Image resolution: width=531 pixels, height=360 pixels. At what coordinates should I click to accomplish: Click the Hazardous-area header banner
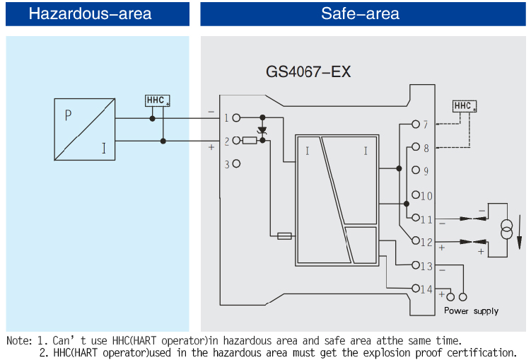pyautogui.click(x=97, y=13)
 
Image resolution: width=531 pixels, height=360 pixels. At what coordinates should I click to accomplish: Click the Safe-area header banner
pyautogui.click(x=360, y=13)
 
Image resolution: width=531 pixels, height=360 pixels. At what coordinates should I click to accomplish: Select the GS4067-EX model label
pyautogui.click(x=308, y=72)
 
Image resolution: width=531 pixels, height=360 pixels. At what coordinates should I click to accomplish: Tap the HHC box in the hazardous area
pyautogui.click(x=157, y=100)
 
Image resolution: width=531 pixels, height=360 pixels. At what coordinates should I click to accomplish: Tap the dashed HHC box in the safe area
pyautogui.click(x=465, y=106)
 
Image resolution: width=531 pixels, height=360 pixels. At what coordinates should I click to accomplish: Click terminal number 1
pyautogui.click(x=226, y=118)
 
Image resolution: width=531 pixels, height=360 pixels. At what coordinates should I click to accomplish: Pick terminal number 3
pyautogui.click(x=226, y=164)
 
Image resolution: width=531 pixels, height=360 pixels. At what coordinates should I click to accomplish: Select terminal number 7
pyautogui.click(x=426, y=125)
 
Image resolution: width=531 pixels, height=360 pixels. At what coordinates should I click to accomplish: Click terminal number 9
pyautogui.click(x=426, y=171)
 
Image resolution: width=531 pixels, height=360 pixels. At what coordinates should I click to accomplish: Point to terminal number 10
pyautogui.click(x=426, y=196)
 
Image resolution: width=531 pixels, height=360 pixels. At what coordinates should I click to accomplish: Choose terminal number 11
pyautogui.click(x=426, y=219)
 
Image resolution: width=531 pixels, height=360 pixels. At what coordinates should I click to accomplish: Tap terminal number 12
pyautogui.click(x=426, y=243)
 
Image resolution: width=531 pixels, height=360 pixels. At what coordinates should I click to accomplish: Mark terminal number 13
pyautogui.click(x=426, y=267)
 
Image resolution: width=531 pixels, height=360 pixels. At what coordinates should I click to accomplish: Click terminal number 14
pyautogui.click(x=426, y=289)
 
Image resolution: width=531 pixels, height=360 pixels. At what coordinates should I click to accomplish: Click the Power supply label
pyautogui.click(x=471, y=310)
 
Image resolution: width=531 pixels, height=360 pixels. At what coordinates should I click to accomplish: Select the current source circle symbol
pyautogui.click(x=506, y=231)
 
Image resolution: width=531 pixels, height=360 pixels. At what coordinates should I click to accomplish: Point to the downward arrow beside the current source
pyautogui.click(x=520, y=233)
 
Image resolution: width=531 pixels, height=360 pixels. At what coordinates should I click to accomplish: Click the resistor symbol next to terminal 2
pyautogui.click(x=249, y=141)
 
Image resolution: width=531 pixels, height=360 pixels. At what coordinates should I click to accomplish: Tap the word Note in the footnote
pyautogui.click(x=19, y=341)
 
